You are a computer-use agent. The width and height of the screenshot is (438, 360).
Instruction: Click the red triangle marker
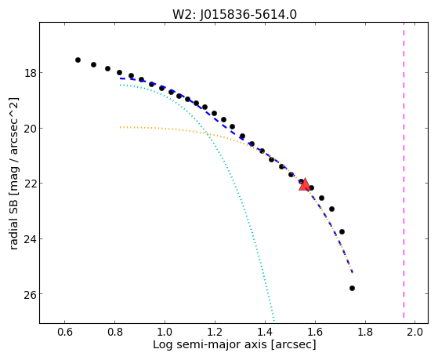(305, 184)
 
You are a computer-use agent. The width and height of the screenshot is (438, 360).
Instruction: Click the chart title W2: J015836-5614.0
(234, 14)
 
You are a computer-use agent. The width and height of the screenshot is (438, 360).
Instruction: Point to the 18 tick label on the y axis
(30, 73)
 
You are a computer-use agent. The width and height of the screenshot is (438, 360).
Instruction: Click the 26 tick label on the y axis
(30, 294)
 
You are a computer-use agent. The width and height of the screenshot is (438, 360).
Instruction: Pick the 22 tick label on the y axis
(30, 184)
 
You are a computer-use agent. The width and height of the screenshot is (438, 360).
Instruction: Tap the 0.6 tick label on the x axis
(65, 332)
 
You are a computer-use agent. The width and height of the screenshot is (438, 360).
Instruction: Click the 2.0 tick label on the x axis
(415, 332)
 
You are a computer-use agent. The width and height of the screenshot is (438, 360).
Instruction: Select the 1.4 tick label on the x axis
(265, 332)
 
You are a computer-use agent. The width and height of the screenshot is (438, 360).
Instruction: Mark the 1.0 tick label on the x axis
(165, 332)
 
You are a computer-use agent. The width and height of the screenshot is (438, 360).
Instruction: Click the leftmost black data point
(78, 60)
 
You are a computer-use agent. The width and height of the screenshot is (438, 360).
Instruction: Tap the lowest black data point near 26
(352, 288)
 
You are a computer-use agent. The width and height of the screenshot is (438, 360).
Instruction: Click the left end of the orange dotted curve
(120, 127)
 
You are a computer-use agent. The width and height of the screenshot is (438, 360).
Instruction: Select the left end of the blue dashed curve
(120, 78)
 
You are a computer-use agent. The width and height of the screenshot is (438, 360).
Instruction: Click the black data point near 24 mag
(342, 231)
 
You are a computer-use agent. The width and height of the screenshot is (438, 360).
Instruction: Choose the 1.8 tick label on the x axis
(365, 332)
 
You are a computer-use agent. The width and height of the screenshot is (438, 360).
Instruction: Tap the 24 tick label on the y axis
(30, 239)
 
